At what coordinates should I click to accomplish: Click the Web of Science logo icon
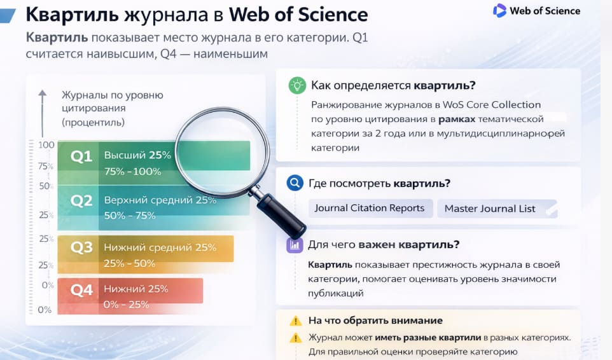click(499, 10)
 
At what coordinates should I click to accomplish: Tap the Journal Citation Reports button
click(370, 208)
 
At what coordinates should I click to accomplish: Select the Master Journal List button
click(490, 209)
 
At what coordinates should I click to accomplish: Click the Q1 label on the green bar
click(81, 156)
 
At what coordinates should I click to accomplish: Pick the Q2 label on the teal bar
click(81, 201)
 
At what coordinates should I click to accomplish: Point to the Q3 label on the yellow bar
click(81, 247)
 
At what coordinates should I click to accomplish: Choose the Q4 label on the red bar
click(81, 290)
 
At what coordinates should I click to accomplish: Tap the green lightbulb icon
click(296, 85)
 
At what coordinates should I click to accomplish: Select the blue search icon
click(295, 184)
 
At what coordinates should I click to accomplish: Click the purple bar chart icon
click(295, 245)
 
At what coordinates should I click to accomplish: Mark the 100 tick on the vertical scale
click(46, 145)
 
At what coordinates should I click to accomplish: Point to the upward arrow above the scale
click(43, 95)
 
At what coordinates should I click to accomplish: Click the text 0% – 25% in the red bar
click(127, 304)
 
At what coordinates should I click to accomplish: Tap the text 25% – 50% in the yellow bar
click(130, 263)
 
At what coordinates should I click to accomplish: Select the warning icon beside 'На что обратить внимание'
click(295, 321)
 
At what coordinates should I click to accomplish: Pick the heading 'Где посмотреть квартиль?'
click(379, 184)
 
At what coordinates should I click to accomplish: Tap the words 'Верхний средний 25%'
click(160, 200)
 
